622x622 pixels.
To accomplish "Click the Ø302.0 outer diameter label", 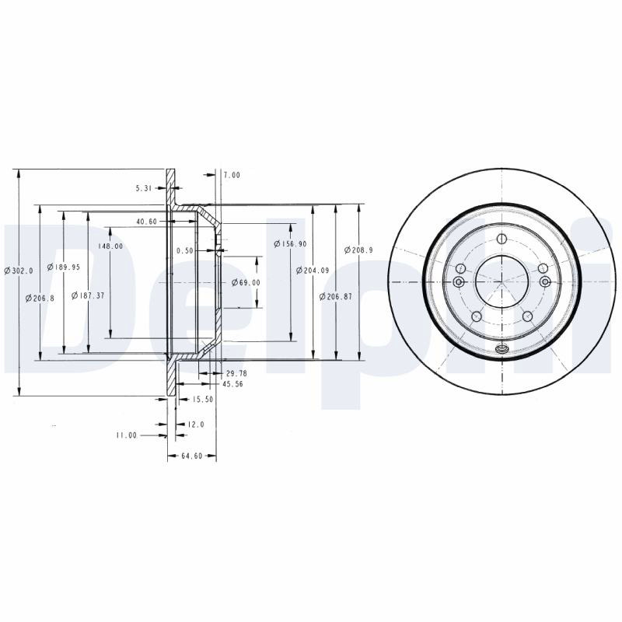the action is coord(19,271).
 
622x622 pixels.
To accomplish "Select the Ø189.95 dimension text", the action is coord(64,267).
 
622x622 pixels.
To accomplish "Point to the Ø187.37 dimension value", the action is coord(88,295).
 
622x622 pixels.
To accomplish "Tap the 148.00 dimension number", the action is coord(110,246).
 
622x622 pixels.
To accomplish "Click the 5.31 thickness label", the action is coord(144,189).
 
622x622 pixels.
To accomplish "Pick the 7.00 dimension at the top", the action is coord(232,175).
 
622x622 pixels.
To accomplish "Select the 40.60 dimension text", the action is coord(147,222).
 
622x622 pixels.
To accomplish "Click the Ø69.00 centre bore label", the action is coord(246,282).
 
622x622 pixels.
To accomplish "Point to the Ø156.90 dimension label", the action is coord(290,244).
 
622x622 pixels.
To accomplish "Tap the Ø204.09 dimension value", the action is coord(313,271).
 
